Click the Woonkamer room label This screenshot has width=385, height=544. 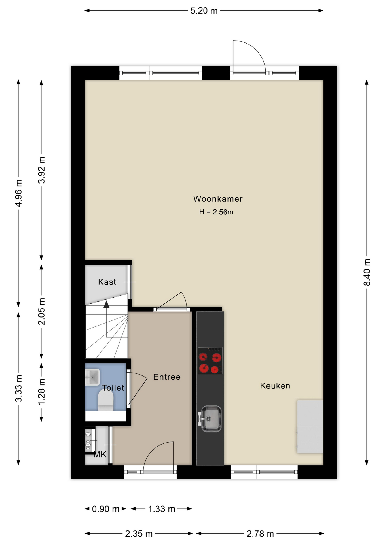coord(218,199)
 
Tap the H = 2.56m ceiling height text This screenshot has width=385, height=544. coord(216,212)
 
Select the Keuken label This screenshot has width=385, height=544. coord(275,386)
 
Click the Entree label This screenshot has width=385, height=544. coord(167,377)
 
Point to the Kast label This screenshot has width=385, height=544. coord(107,282)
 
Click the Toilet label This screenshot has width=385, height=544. coord(113,388)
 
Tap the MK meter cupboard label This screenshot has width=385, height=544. coord(100,454)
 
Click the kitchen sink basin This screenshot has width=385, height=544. coord(211,419)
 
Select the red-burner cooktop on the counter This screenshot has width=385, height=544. coord(210,361)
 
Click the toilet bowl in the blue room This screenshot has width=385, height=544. coord(105,400)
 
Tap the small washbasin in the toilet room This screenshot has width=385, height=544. coord(92,377)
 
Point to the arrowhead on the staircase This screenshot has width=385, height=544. coord(106,304)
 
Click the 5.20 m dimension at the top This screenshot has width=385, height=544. coord(204,11)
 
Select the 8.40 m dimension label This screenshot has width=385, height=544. coord(367,272)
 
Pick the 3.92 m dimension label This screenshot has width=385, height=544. coord(41,170)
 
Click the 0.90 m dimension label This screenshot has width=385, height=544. coord(105,509)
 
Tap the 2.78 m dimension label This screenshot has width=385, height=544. coord(260,534)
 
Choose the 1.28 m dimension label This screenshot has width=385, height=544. coord(41,392)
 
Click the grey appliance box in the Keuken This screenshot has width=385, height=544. coord(310,426)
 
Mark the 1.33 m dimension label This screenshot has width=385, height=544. coord(162,509)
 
